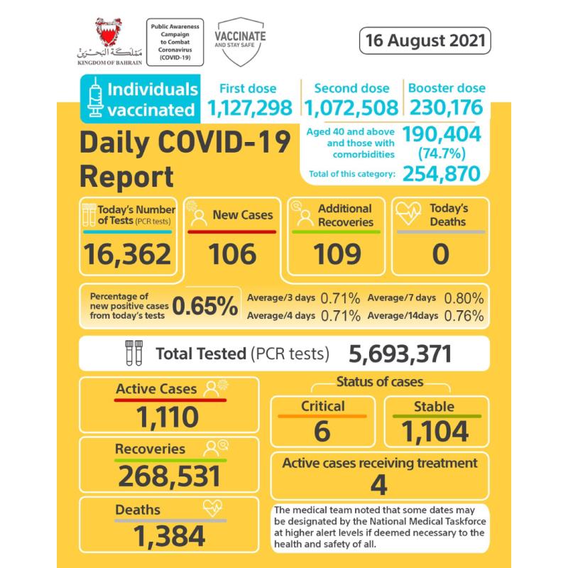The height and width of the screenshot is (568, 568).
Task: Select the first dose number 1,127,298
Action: click(250, 108)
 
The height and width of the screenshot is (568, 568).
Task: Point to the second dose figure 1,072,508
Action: click(351, 108)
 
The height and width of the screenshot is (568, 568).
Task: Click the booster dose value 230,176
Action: click(445, 108)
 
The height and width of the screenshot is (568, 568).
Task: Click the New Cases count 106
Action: click(231, 253)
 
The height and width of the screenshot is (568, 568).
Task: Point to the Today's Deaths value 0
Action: click(440, 253)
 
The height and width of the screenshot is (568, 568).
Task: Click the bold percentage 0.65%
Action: click(205, 305)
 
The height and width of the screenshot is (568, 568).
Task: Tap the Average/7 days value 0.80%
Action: click(464, 297)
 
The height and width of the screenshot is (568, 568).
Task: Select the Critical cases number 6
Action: click(322, 430)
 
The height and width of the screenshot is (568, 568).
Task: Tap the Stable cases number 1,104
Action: click(435, 430)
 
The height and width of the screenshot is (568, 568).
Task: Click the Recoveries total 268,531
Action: click(169, 476)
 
